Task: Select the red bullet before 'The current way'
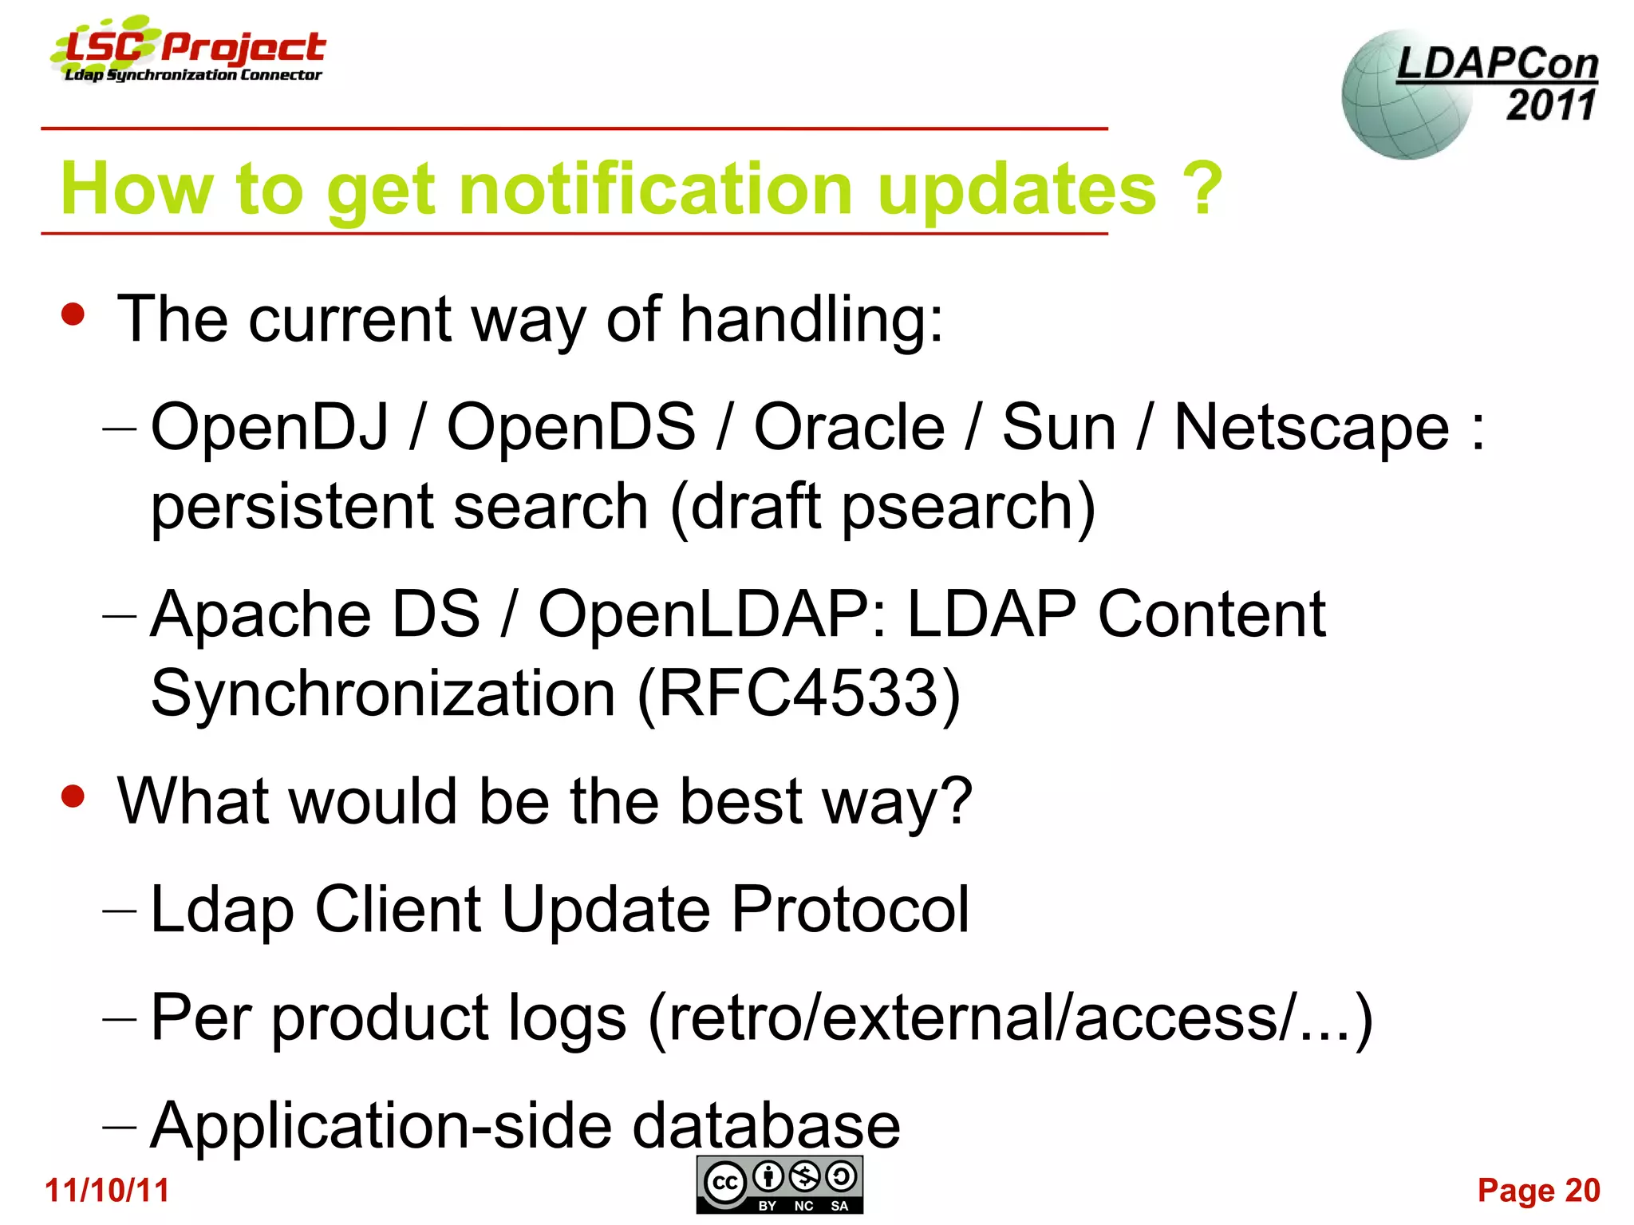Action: tap(73, 314)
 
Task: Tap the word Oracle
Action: tap(849, 427)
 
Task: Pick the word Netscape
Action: tap(1311, 427)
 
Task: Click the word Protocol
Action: tap(850, 909)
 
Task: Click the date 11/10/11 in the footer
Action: tap(107, 1190)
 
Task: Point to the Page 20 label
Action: tap(1538, 1190)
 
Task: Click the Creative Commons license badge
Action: tap(780, 1184)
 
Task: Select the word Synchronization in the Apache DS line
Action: tap(383, 693)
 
